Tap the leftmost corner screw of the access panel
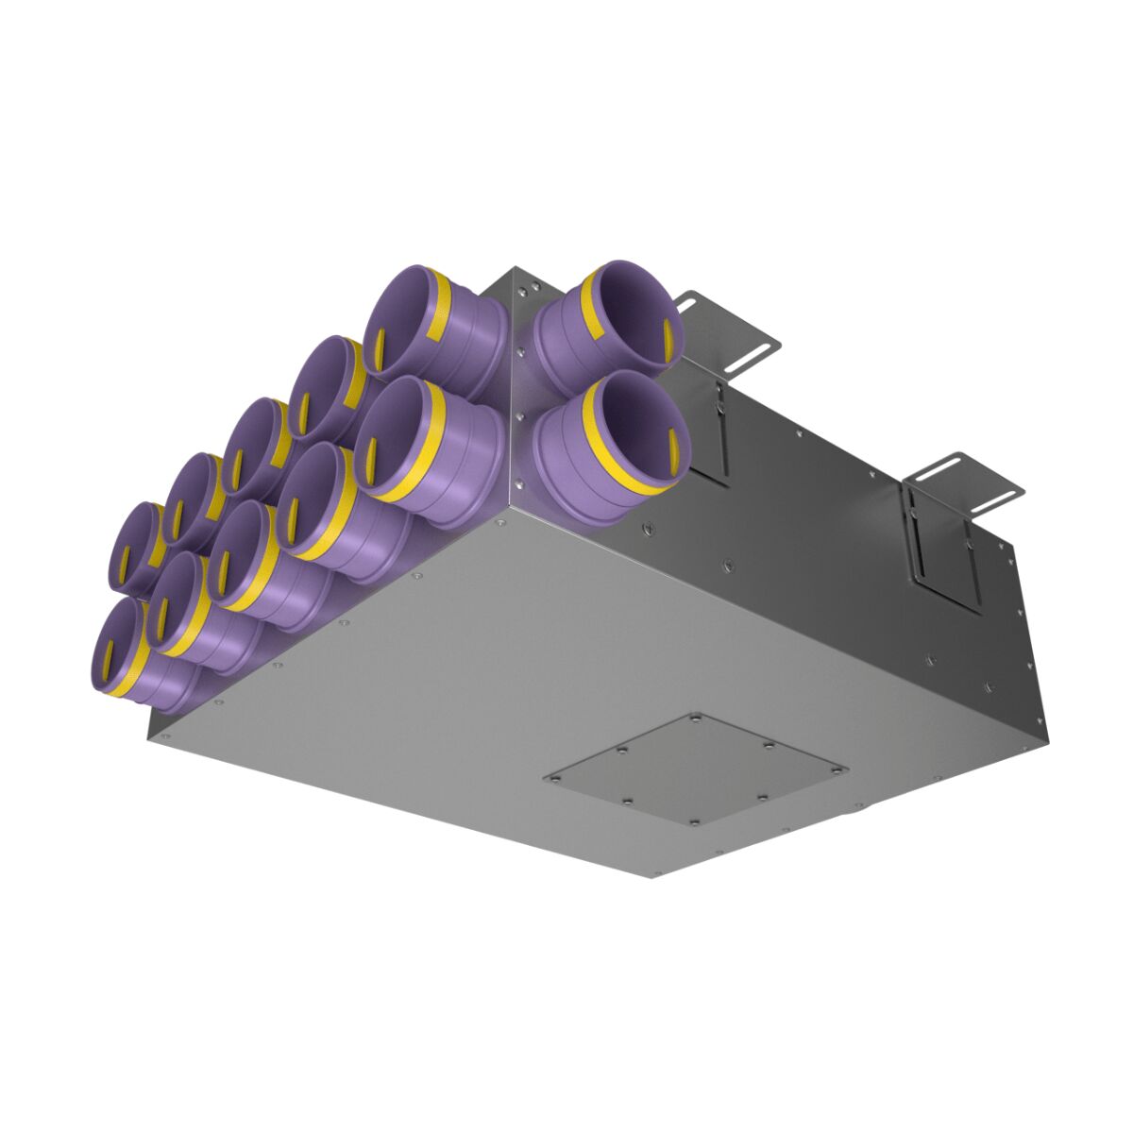coord(556,778)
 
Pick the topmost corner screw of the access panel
coord(696,720)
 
